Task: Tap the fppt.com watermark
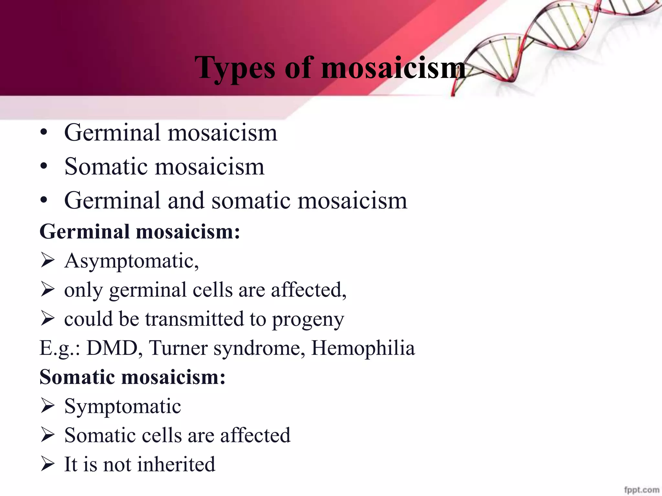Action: [642, 490]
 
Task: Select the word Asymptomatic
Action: [131, 261]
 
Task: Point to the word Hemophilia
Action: [363, 348]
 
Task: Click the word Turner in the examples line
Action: [178, 348]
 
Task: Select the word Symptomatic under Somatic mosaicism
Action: [123, 406]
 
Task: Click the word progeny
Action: [308, 320]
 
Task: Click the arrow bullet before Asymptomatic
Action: [48, 261]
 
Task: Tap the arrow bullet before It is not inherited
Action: [48, 464]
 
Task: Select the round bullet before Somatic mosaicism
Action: [44, 167]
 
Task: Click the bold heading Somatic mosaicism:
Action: [132, 377]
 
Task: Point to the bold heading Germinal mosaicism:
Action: [140, 232]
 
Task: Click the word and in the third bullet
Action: [186, 201]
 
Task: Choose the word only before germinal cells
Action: [83, 290]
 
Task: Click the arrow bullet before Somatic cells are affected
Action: [48, 435]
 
